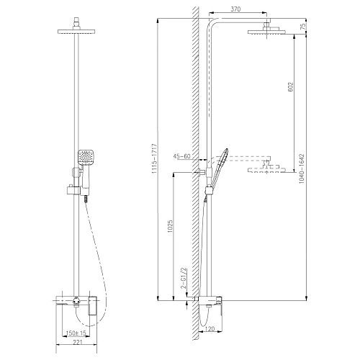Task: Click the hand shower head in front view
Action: tap(86, 157)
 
